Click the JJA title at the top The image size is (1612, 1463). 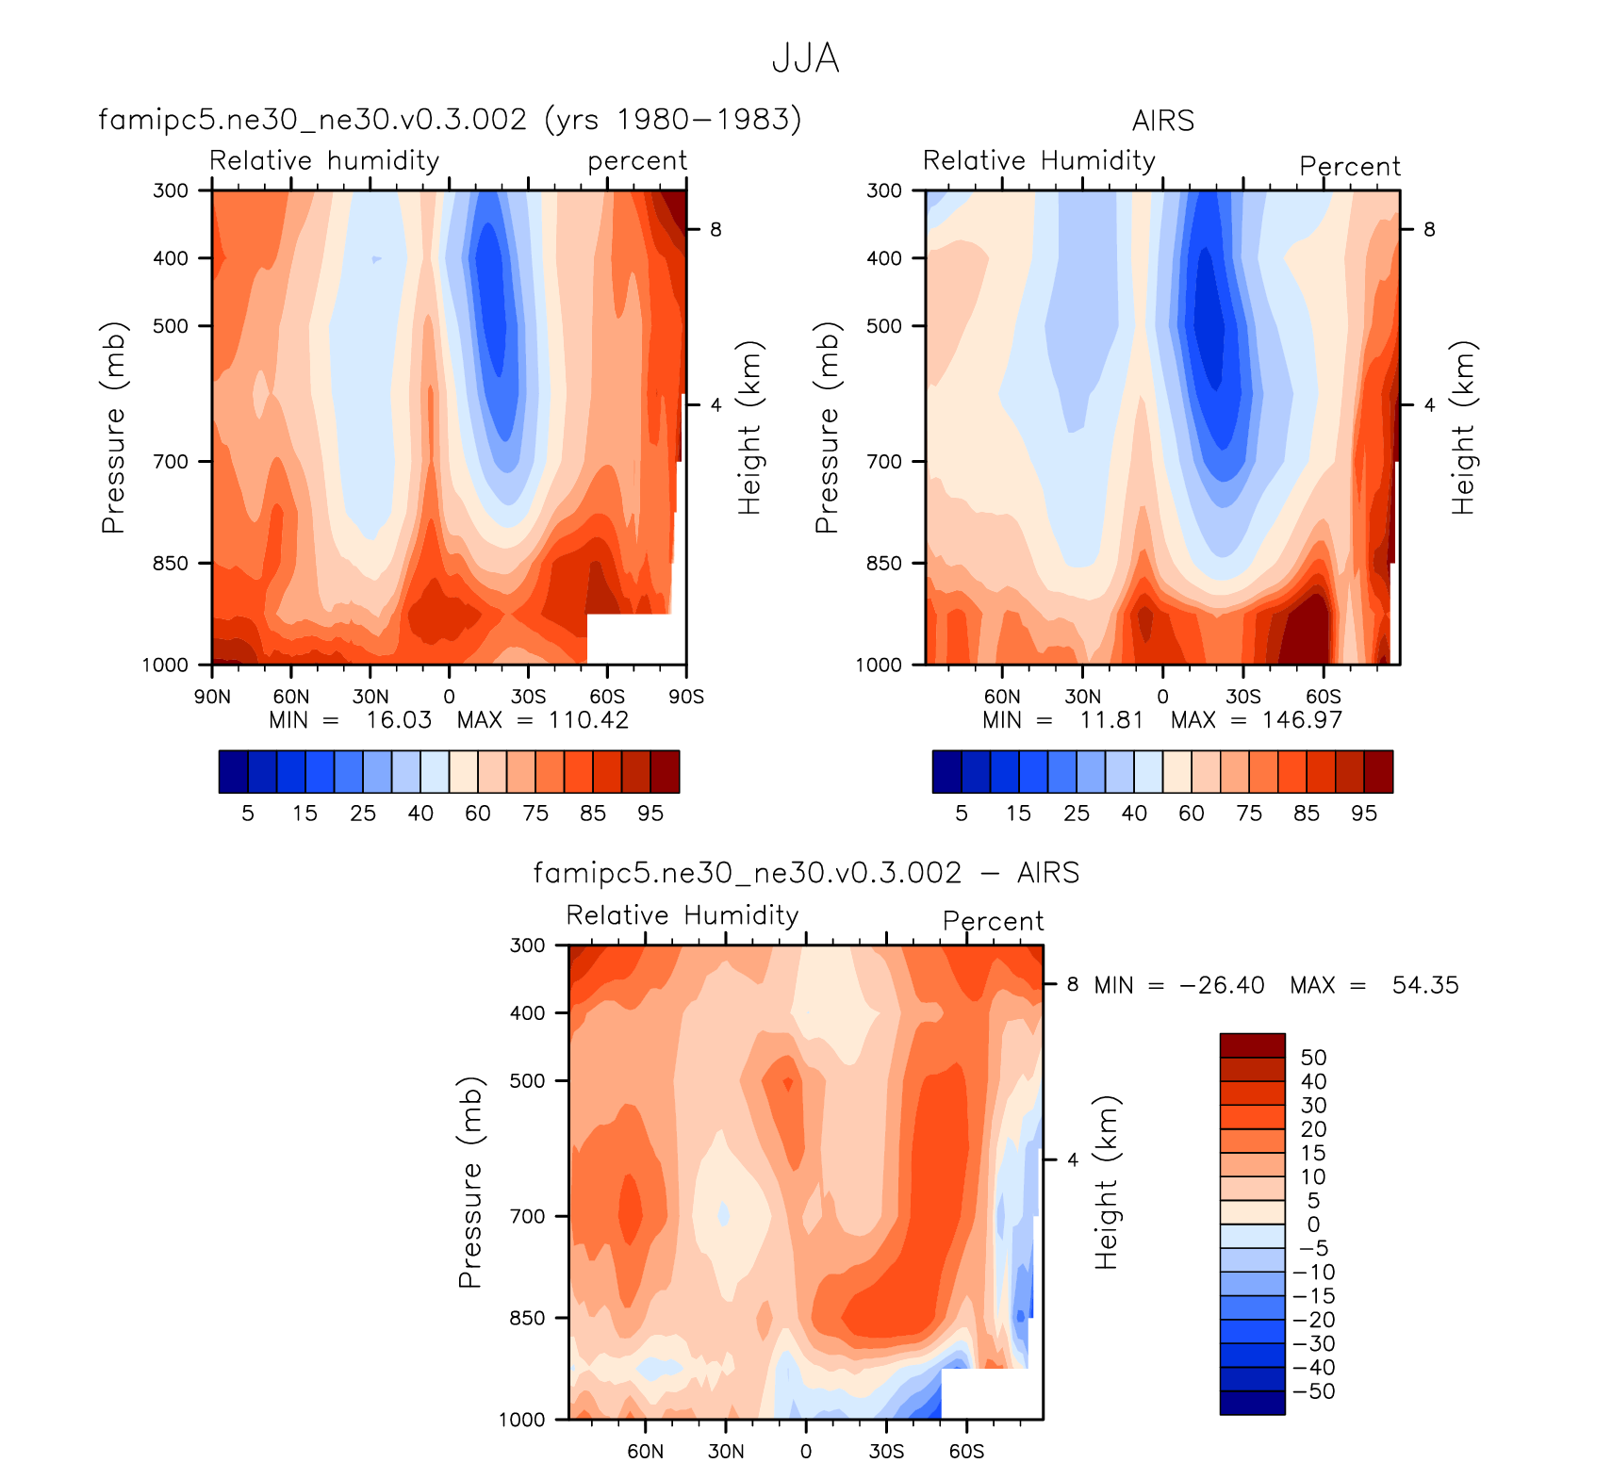(x=805, y=58)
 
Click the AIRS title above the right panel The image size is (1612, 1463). (x=1162, y=121)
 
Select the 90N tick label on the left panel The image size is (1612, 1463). (x=212, y=697)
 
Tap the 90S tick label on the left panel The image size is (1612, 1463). (x=686, y=697)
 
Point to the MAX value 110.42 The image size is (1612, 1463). (x=588, y=720)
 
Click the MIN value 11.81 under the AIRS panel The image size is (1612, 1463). (x=1111, y=720)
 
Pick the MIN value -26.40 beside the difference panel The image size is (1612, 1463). (x=1221, y=985)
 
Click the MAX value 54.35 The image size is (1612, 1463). (x=1424, y=985)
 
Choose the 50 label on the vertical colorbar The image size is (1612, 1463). (x=1313, y=1058)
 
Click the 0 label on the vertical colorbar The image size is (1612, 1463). (x=1313, y=1225)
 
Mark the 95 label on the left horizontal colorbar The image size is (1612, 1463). (x=650, y=814)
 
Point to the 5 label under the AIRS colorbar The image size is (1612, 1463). (x=962, y=814)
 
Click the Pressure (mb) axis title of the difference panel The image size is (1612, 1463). (x=469, y=1182)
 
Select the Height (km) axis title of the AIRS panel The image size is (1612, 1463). (x=1462, y=427)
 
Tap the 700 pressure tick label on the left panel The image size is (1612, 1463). (x=171, y=462)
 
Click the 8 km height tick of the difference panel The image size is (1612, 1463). (x=1072, y=984)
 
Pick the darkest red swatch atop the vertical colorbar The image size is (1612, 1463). (x=1252, y=1045)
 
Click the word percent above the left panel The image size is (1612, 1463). (x=637, y=161)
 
